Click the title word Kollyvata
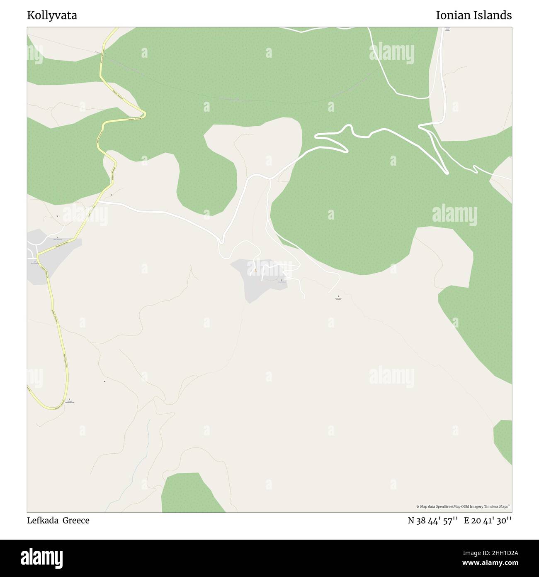tap(52, 16)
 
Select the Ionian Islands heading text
tap(473, 16)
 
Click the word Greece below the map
tap(76, 521)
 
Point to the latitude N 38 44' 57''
tap(432, 521)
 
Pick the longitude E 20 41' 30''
tap(488, 521)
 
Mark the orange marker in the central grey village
tap(255, 270)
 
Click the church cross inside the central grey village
tap(282, 280)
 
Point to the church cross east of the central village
tap(338, 296)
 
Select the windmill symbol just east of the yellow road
tap(111, 195)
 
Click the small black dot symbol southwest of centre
tap(104, 381)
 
